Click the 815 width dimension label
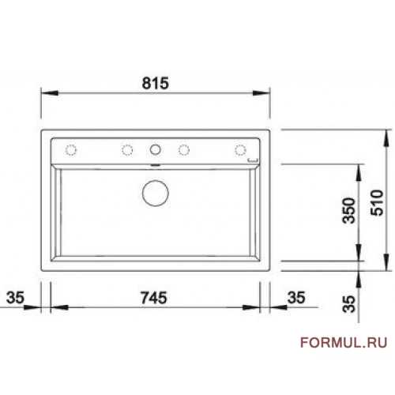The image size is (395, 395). pyautogui.click(x=155, y=83)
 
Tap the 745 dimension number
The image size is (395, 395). pyautogui.click(x=154, y=298)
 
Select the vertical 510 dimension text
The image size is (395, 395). pyautogui.click(x=377, y=203)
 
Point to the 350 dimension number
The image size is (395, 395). pyautogui.click(x=348, y=210)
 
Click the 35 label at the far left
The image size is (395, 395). pyautogui.click(x=15, y=298)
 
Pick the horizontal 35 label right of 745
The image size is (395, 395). pyautogui.click(x=296, y=298)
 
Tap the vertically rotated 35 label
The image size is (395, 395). pyautogui.click(x=349, y=304)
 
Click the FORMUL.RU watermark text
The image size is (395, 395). pyautogui.click(x=344, y=343)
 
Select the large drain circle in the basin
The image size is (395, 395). pyautogui.click(x=156, y=180)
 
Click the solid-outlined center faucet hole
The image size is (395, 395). pyautogui.click(x=155, y=145)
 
